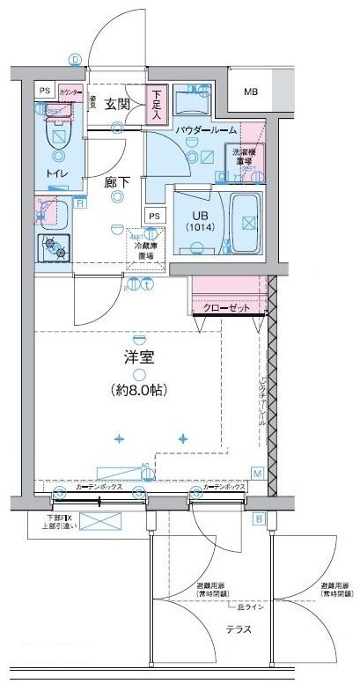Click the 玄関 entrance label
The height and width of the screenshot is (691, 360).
pos(117,104)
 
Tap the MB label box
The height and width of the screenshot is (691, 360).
pos(251,92)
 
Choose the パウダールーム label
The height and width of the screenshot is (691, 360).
pos(205,129)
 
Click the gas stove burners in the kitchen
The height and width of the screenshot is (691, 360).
pos(55,247)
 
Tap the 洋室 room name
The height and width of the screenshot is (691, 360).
pos(138,357)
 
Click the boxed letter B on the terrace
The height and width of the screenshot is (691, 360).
pos(259,518)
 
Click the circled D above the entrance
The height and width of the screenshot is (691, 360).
pos(76,59)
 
